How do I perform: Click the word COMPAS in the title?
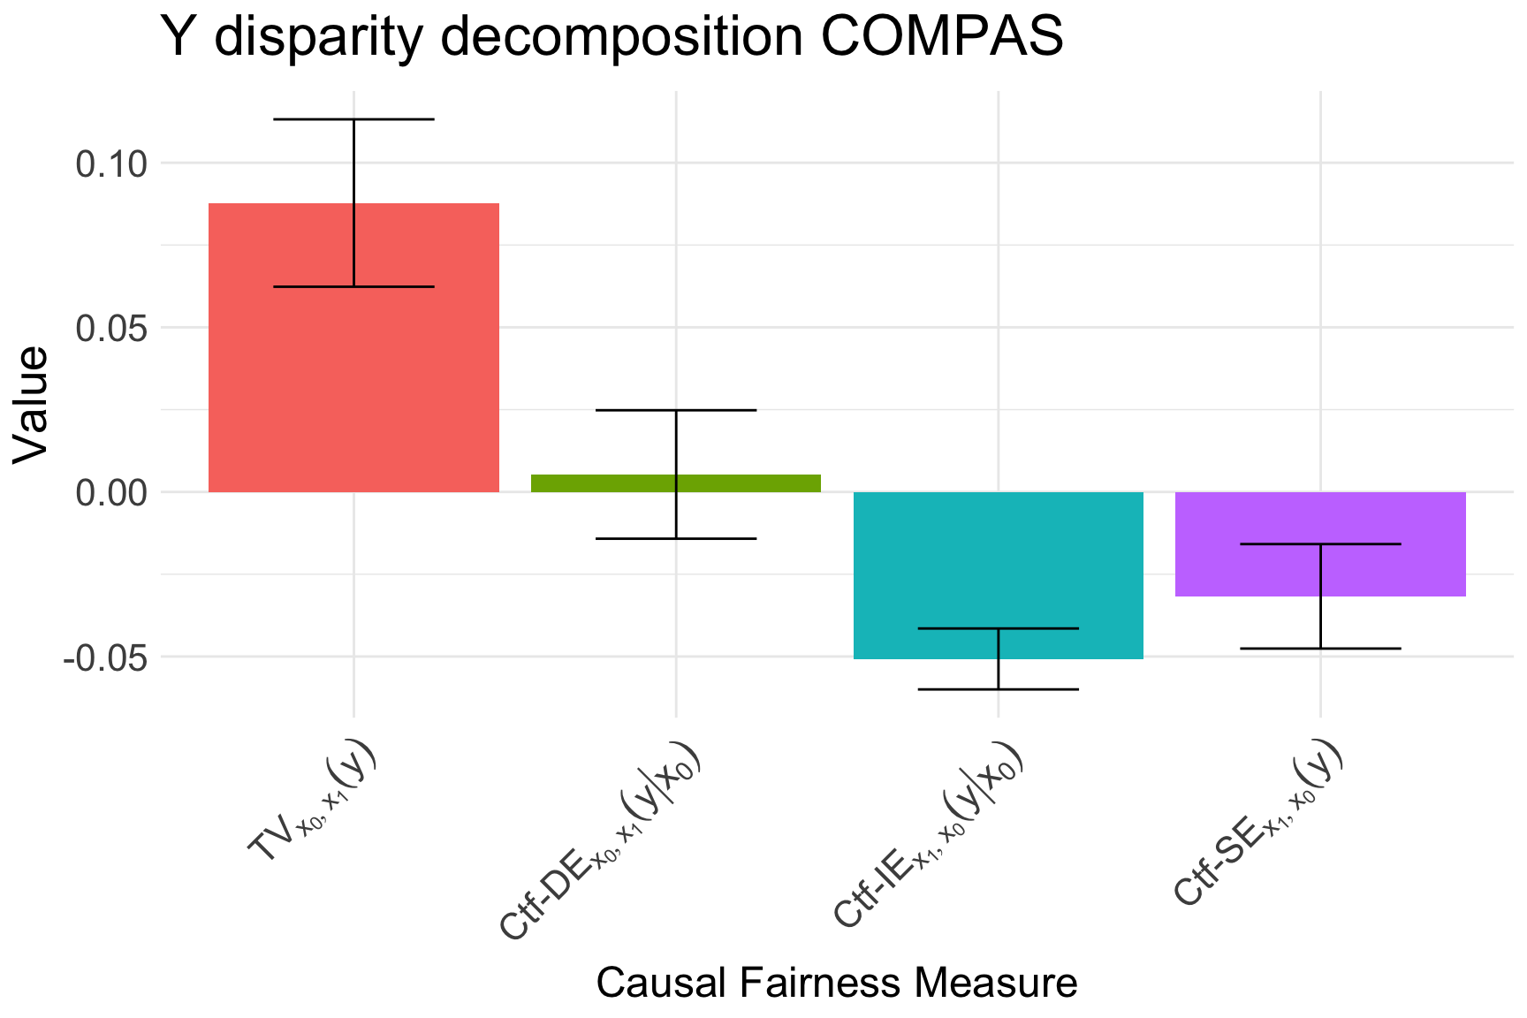click(x=941, y=37)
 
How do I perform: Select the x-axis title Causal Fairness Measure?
click(x=837, y=983)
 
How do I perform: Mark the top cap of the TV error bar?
click(x=353, y=119)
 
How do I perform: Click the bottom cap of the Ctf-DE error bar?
click(x=676, y=538)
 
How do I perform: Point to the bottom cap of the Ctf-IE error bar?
click(x=999, y=689)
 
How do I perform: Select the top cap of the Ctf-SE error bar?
click(x=1320, y=544)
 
